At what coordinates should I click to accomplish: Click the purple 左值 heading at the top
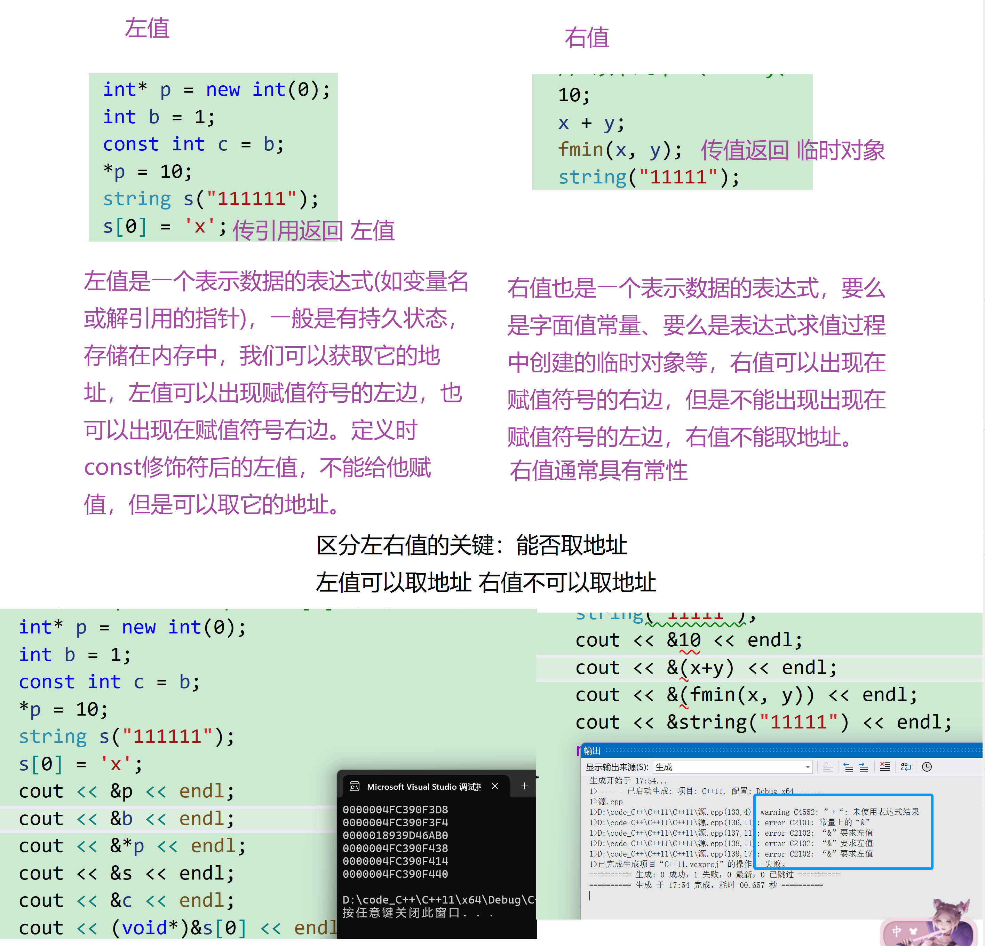point(147,28)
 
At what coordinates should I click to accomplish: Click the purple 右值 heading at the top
point(587,38)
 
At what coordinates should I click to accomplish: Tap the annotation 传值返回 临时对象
point(793,150)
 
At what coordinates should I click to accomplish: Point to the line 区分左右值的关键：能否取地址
point(471,545)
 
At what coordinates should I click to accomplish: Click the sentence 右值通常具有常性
point(598,471)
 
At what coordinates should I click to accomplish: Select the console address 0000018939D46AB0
point(395,835)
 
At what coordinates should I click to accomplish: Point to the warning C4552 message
point(839,812)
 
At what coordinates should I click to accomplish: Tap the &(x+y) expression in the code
point(700,668)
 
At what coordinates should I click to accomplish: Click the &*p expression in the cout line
point(127,846)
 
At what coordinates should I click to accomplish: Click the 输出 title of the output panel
point(592,750)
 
